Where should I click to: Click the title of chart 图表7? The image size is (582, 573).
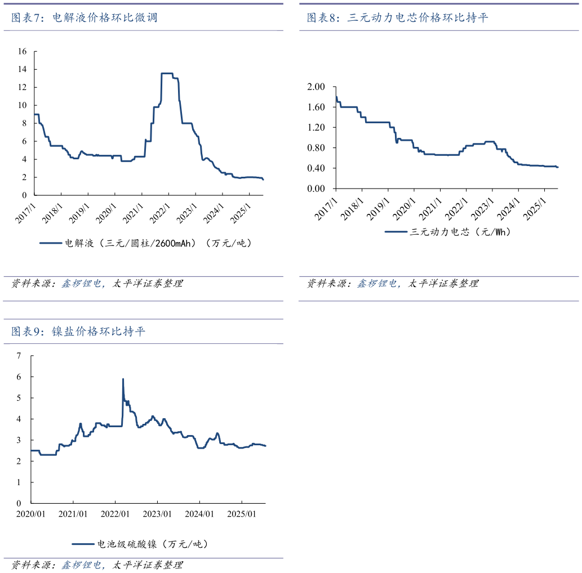(x=85, y=18)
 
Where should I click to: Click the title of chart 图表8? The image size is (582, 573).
(x=397, y=18)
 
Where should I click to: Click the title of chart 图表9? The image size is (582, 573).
(x=78, y=332)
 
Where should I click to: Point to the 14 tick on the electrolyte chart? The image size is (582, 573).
(x=22, y=69)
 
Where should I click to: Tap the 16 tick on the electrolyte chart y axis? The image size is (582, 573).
(x=22, y=51)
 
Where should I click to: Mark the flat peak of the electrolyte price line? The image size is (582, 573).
(x=167, y=73)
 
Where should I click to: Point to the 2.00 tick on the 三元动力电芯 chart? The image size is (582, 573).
(x=317, y=87)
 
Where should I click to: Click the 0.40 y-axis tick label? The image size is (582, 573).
(x=317, y=168)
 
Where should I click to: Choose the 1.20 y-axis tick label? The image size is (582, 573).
(x=317, y=128)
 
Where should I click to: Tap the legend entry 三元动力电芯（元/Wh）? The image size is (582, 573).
(x=447, y=231)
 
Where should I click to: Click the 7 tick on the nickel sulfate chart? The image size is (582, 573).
(x=19, y=356)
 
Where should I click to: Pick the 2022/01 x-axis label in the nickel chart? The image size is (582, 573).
(x=115, y=514)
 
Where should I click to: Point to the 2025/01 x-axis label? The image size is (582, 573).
(x=242, y=514)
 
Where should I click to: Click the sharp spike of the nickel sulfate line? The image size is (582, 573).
(x=123, y=380)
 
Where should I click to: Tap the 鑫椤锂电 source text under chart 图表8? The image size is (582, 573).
(x=378, y=284)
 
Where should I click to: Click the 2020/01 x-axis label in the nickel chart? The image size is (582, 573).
(x=31, y=514)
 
